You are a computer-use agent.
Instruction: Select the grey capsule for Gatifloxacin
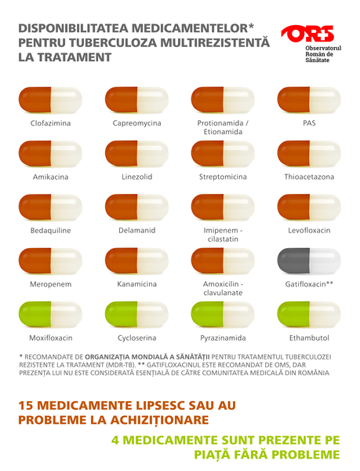click(x=309, y=261)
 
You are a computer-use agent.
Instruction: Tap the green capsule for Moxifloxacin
click(x=50, y=314)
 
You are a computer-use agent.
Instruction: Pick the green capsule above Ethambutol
click(x=309, y=314)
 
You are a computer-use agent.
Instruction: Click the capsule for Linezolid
click(x=136, y=154)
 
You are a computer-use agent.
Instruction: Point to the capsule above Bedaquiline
click(x=50, y=207)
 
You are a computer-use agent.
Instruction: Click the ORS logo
click(x=307, y=34)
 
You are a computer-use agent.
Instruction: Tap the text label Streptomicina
click(x=223, y=177)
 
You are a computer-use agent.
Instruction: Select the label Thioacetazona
click(x=309, y=177)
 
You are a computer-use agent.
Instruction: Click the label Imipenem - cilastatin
click(x=223, y=235)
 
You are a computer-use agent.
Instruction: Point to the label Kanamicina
click(x=136, y=283)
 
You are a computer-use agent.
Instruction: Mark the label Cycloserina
click(x=136, y=338)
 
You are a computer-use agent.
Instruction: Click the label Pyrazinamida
click(x=223, y=338)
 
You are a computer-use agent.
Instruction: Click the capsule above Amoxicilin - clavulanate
click(x=223, y=261)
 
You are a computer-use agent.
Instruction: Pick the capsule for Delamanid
click(x=136, y=207)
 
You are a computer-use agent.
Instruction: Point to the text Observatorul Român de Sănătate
click(x=314, y=54)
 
